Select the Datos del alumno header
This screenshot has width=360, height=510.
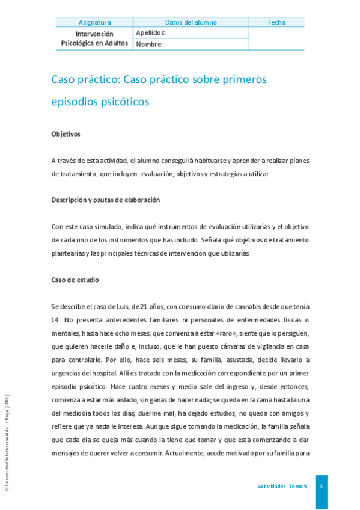click(x=191, y=23)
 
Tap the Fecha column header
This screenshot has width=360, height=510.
click(x=276, y=23)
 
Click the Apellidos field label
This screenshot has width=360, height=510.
click(x=151, y=33)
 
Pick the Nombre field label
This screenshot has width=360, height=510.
click(x=150, y=44)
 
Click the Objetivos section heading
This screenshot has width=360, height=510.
click(x=66, y=134)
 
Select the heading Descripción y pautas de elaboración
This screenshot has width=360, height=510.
click(x=105, y=200)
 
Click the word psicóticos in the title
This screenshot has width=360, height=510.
click(x=119, y=102)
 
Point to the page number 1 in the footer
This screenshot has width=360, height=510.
click(x=321, y=486)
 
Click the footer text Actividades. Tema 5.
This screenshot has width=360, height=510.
click(x=282, y=486)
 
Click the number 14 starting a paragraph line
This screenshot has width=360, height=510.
click(x=55, y=319)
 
